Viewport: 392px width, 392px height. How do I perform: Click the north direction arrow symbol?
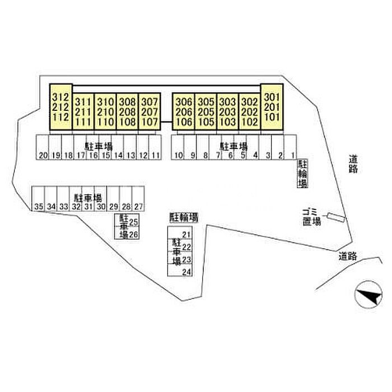(x=367, y=293)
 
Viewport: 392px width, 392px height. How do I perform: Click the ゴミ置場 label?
(x=310, y=216)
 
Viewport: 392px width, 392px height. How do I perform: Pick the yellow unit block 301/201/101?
(x=271, y=108)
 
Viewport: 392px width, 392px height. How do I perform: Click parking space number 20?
(x=43, y=148)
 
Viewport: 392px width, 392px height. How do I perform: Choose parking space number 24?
(x=186, y=272)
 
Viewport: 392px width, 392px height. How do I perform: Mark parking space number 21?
(x=186, y=235)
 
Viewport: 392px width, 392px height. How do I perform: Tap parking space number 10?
(x=178, y=148)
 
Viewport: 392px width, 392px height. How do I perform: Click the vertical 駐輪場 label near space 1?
(x=302, y=174)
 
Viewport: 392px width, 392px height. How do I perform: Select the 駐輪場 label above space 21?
(x=184, y=216)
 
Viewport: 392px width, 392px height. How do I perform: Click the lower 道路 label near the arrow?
(x=348, y=256)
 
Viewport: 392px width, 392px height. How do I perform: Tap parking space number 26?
(x=133, y=234)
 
